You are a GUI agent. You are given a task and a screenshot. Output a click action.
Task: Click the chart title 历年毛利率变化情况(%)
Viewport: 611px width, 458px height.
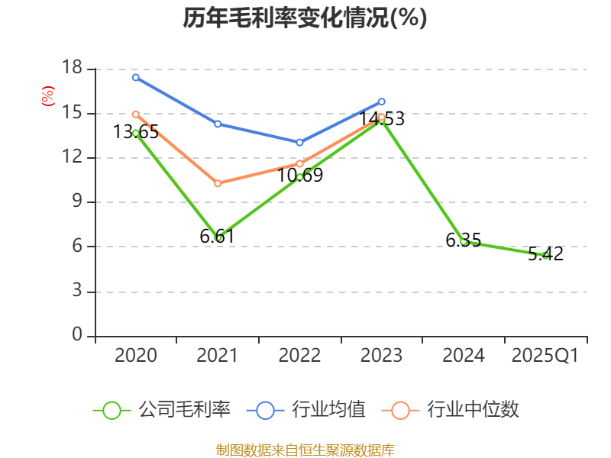click(305, 18)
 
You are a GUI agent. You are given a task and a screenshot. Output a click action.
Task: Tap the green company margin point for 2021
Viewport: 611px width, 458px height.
click(218, 237)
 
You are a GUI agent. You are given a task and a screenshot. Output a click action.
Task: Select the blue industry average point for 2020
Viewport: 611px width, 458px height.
click(136, 77)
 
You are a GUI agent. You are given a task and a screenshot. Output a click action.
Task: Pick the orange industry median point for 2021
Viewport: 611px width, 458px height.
click(218, 183)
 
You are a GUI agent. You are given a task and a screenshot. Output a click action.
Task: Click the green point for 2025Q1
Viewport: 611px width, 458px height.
click(545, 255)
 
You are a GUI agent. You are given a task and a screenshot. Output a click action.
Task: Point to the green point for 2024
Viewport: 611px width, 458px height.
click(464, 241)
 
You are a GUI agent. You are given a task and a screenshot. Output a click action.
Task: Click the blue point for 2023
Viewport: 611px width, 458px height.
click(382, 102)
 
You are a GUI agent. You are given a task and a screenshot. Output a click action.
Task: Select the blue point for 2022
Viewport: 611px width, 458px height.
click(299, 142)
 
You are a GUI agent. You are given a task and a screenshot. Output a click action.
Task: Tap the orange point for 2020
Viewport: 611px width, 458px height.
click(136, 114)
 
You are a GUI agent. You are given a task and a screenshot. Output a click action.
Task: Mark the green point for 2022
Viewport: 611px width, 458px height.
click(299, 177)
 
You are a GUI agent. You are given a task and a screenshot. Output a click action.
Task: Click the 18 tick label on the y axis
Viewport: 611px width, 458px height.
click(72, 69)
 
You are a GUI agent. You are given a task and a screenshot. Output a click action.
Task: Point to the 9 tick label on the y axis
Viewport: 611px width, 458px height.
click(77, 202)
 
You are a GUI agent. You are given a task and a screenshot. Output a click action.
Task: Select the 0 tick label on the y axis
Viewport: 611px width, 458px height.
click(77, 335)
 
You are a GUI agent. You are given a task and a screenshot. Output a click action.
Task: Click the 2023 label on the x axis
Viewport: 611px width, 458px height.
click(382, 356)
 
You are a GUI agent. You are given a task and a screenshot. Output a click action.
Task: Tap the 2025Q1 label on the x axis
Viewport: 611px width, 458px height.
click(545, 356)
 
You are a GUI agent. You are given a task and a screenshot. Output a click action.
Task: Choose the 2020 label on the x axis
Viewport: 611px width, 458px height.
click(136, 356)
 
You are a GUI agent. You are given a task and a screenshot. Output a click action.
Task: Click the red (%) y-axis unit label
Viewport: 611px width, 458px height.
click(48, 96)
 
